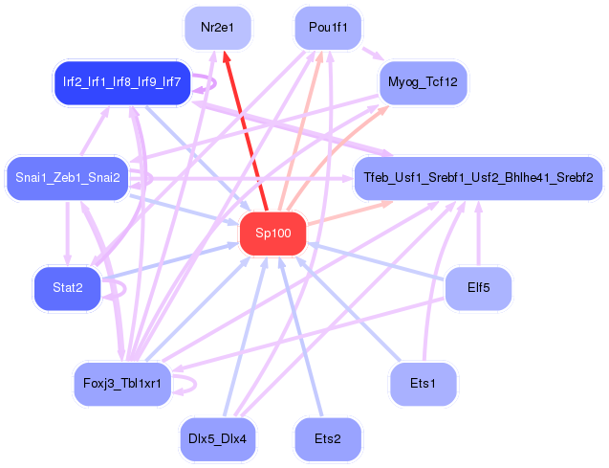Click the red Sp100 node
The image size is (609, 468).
coord(273,234)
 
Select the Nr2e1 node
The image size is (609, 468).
coord(218,28)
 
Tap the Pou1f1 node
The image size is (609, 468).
coord(328,28)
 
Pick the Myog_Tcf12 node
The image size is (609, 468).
coord(423,82)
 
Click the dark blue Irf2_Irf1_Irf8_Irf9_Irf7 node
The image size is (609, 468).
coord(122,82)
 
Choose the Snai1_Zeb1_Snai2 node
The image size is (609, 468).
coord(68,178)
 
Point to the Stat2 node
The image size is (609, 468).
coord(68,288)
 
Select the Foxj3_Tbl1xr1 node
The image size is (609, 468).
coord(122,384)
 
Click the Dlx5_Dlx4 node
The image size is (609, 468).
coord(218,439)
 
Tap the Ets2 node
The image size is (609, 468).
coord(328,439)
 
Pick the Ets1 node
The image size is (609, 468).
coord(423,384)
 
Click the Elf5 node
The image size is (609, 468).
coord(478,288)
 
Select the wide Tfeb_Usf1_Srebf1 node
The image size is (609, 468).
coord(478,178)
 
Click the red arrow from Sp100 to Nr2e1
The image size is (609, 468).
coord(246,132)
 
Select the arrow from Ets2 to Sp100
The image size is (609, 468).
coord(301,336)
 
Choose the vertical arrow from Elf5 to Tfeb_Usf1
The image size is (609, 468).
coord(478,234)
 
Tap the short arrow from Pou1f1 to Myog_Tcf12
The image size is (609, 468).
coord(373,54)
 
